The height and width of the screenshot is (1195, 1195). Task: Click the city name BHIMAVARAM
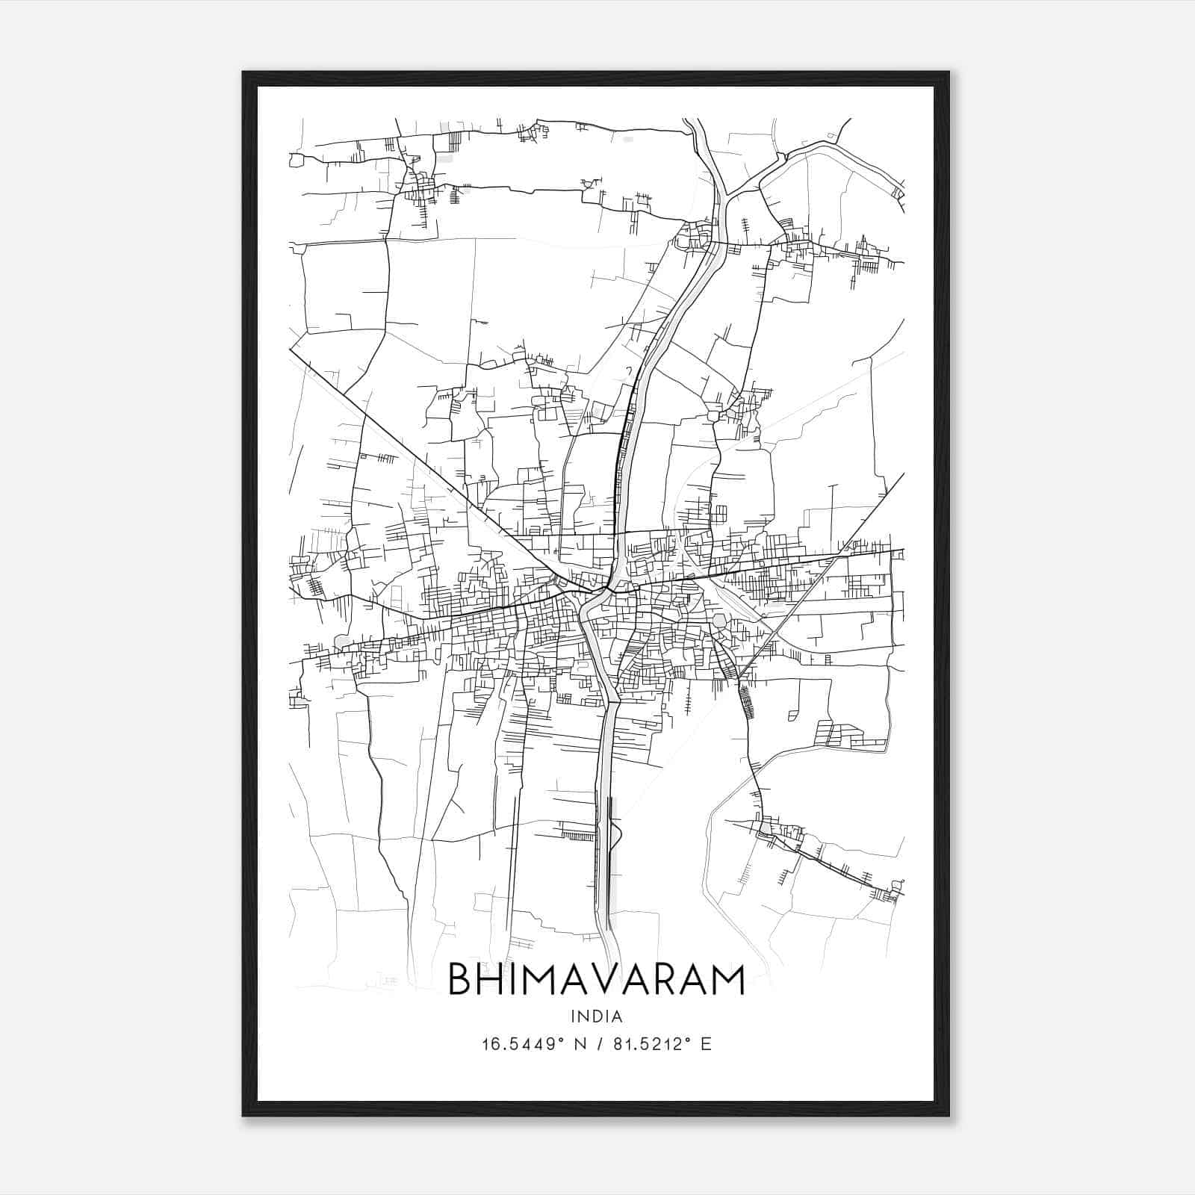point(596,980)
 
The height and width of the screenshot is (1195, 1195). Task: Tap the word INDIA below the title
point(596,1016)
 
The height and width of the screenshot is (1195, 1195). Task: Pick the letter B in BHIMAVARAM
point(461,980)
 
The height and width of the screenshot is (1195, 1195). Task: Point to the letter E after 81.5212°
point(706,1043)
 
